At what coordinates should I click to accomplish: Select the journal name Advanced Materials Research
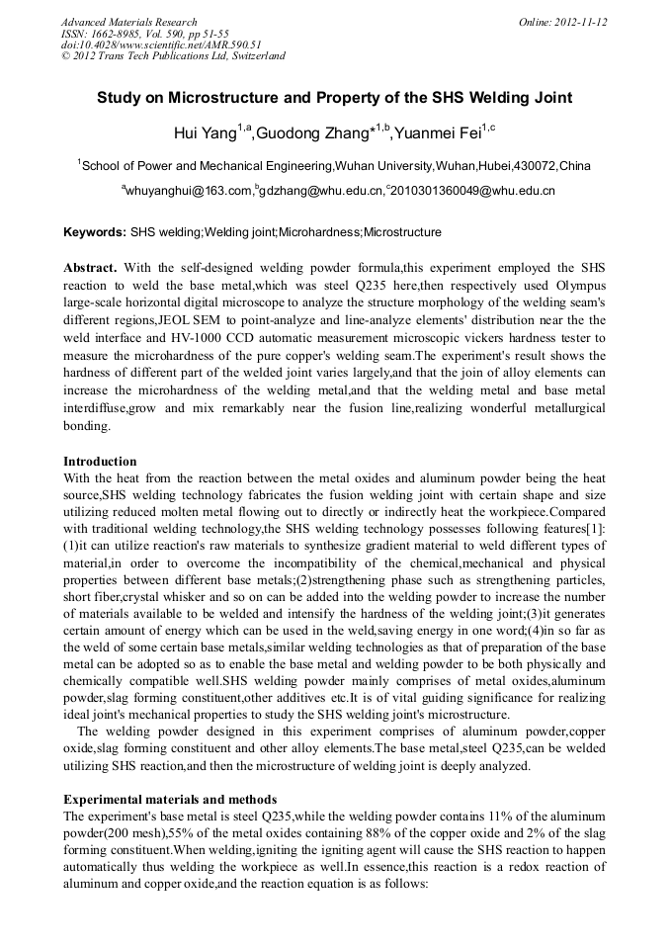(x=128, y=22)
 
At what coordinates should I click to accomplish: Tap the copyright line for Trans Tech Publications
(x=173, y=56)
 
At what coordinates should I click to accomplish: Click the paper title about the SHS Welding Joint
(x=334, y=98)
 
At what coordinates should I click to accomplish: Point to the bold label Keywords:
(x=95, y=232)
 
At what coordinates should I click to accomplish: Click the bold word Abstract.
(x=90, y=269)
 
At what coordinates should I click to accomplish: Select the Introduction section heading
(x=100, y=461)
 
